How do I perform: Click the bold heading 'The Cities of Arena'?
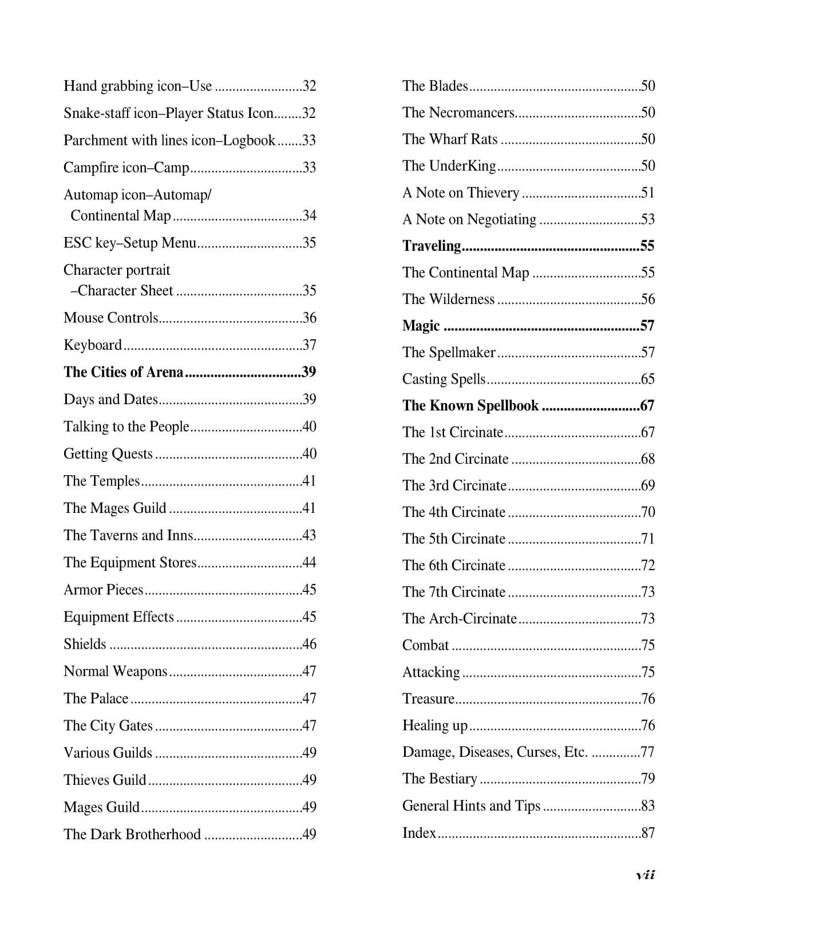(123, 372)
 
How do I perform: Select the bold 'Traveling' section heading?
(432, 246)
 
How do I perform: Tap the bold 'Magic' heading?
(421, 326)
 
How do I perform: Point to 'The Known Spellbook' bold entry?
(470, 406)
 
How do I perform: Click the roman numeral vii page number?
(645, 874)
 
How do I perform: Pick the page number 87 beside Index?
(648, 833)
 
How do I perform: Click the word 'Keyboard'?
(93, 345)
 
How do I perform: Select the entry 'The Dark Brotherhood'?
(132, 834)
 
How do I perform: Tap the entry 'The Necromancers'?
(458, 112)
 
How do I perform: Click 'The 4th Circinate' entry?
(454, 512)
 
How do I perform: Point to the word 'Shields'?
(85, 644)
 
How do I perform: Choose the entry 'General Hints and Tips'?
(471, 805)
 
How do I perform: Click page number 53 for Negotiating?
(648, 219)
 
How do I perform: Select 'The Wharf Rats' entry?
(450, 139)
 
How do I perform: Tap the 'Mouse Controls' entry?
(110, 318)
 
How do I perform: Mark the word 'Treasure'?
(428, 698)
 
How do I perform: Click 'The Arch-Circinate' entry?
(460, 618)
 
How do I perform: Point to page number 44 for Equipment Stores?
(309, 563)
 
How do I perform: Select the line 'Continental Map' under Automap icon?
(121, 216)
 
